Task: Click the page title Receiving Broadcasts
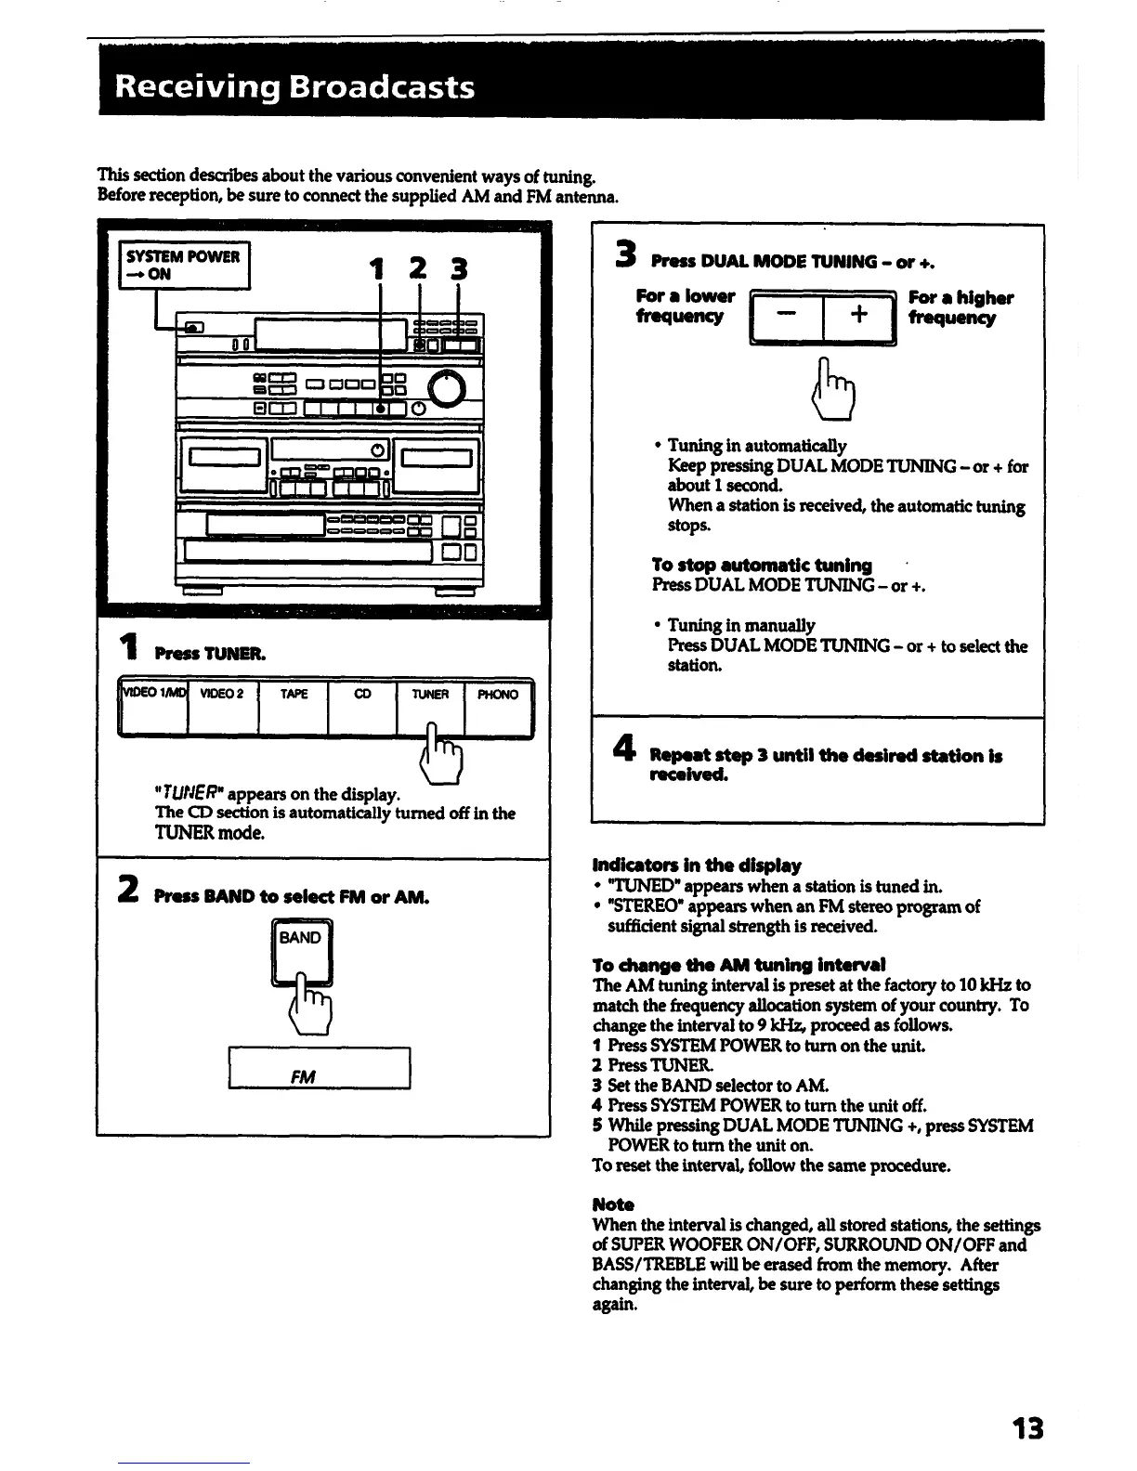pyautogui.click(x=294, y=87)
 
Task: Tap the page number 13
pyautogui.click(x=1027, y=1427)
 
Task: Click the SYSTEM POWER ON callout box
pyautogui.click(x=185, y=265)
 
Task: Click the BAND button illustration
pyautogui.click(x=300, y=949)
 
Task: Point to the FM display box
pyautogui.click(x=319, y=1068)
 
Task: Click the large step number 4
pyautogui.click(x=623, y=749)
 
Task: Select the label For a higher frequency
pyautogui.click(x=960, y=308)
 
